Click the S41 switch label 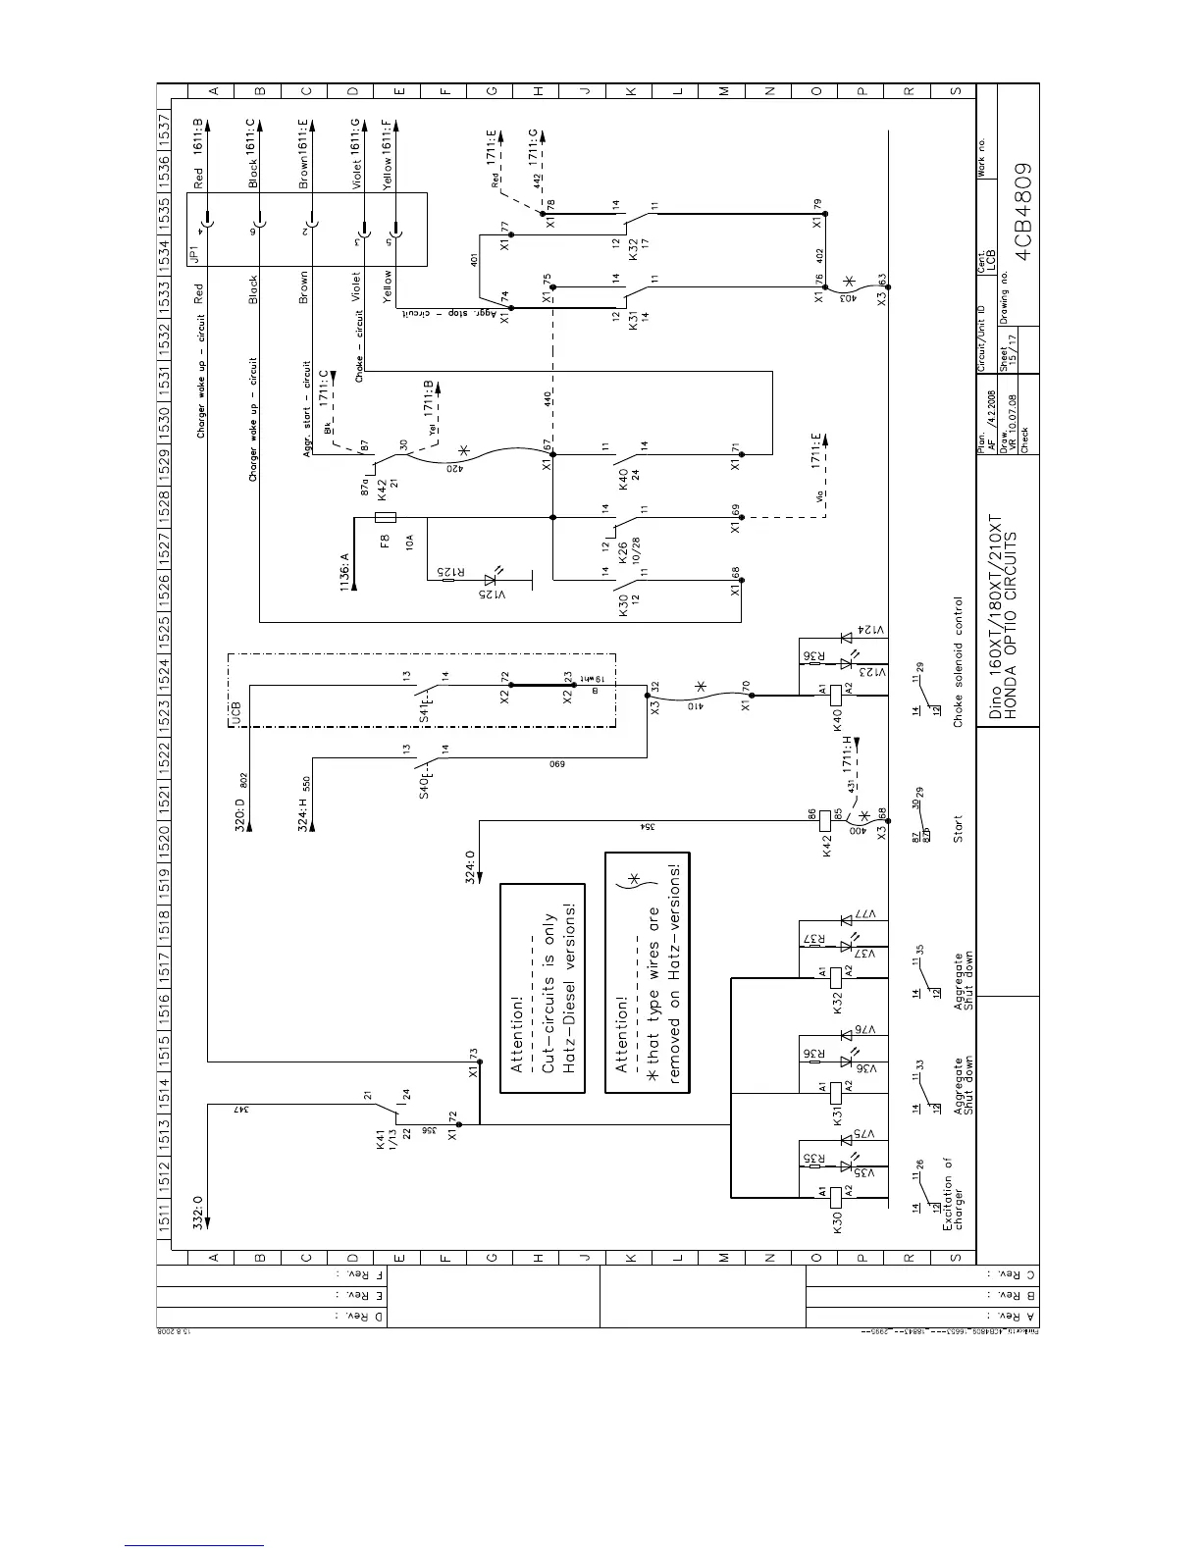[425, 708]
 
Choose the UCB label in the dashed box [237, 715]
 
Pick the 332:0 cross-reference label [198, 1212]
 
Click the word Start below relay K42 [958, 830]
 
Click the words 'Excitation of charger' [953, 1194]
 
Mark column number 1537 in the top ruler [165, 127]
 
